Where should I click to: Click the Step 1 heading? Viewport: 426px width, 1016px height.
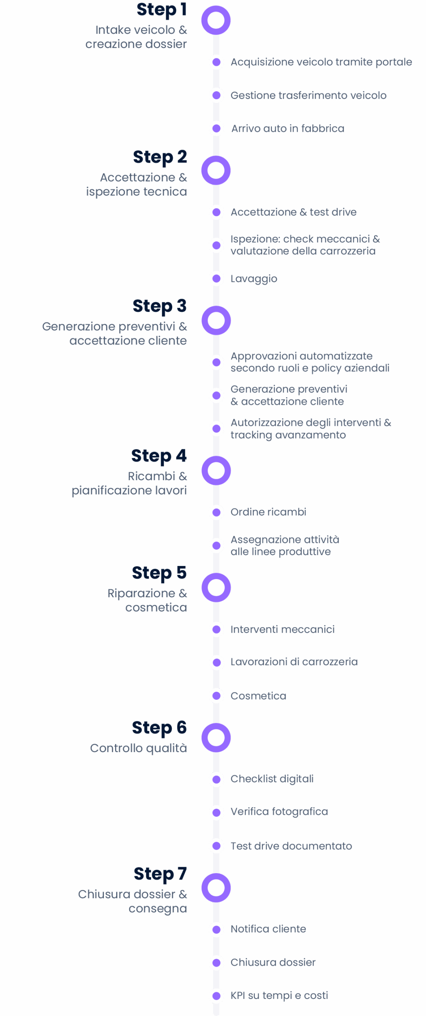161,10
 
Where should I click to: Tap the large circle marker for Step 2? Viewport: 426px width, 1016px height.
216,170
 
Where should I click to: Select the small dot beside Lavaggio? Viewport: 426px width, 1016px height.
216,279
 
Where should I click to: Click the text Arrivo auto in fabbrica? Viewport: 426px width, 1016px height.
288,129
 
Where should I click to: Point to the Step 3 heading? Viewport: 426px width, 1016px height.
159,306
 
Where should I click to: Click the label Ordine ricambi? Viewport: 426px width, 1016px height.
268,512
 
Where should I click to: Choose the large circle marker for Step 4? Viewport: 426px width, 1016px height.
216,471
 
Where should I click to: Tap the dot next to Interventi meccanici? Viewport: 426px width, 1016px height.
216,629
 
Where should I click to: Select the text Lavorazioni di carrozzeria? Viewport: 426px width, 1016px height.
294,662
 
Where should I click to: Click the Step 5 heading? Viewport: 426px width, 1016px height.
159,573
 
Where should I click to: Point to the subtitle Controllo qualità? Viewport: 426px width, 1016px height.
138,748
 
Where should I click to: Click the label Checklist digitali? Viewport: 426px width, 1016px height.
272,779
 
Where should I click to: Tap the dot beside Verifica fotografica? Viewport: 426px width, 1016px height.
216,812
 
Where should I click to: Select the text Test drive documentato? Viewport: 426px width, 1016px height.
291,846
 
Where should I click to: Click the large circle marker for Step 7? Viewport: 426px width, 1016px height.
216,888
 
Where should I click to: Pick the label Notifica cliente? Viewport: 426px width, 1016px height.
268,929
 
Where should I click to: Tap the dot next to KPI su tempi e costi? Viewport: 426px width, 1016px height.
216,996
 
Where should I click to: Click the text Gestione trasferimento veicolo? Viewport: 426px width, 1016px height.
308,95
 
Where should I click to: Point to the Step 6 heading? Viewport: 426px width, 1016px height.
159,728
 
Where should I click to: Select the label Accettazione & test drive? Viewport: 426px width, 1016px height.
294,212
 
